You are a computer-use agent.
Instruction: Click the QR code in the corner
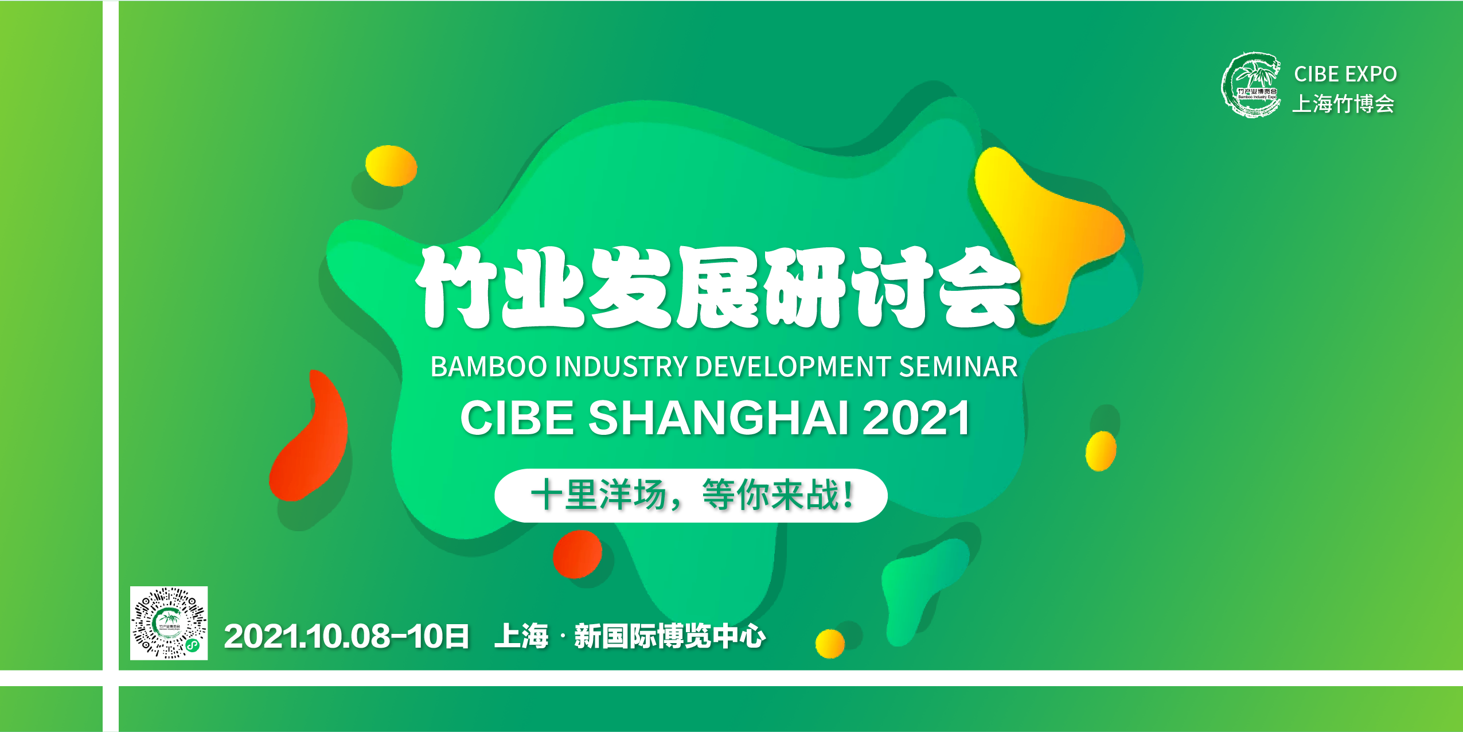tap(169, 623)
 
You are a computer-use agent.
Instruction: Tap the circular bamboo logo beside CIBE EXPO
tap(1251, 85)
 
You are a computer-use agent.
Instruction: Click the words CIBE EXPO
tap(1345, 74)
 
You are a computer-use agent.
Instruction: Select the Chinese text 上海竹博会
tap(1343, 104)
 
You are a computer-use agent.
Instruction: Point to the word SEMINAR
tap(958, 367)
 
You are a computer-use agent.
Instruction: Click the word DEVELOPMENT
tap(793, 367)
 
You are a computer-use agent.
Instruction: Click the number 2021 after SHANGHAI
tap(916, 418)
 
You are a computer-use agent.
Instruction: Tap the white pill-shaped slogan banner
tap(691, 496)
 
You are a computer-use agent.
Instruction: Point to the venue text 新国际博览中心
tap(670, 636)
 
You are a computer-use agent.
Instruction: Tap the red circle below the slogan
tap(578, 554)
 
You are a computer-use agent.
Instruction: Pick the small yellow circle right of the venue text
tap(830, 644)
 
